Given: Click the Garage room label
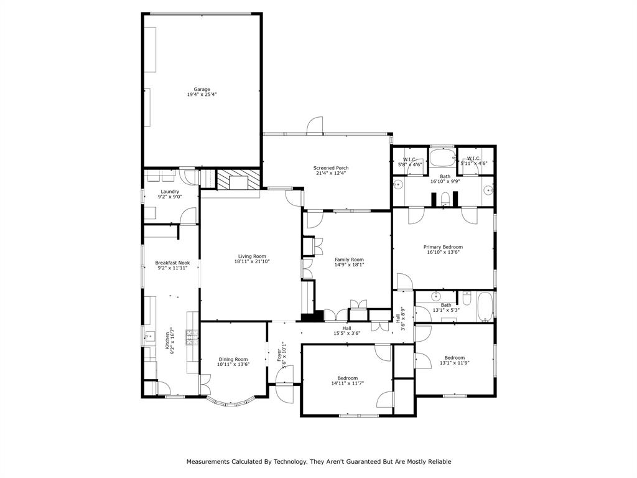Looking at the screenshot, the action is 202,90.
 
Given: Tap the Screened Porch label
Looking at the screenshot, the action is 331,168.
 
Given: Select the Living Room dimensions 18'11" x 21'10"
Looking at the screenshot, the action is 252,261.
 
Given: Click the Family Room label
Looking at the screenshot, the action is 349,260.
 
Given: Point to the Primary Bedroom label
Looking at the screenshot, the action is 443,247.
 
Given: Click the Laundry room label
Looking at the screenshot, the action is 170,192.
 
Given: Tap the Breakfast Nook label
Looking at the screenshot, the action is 172,263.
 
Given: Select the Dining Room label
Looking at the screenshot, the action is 233,359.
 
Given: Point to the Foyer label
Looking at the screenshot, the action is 279,355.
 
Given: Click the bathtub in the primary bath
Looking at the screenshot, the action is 442,157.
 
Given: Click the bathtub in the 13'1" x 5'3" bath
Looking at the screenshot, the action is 485,306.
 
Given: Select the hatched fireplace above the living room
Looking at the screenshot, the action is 238,179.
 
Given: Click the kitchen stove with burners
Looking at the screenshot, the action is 192,337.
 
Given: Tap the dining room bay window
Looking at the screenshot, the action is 230,402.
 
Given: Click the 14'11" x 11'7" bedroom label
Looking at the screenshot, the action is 347,378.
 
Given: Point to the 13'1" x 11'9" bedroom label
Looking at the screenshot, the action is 454,358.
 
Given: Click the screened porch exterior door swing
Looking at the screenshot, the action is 314,126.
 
